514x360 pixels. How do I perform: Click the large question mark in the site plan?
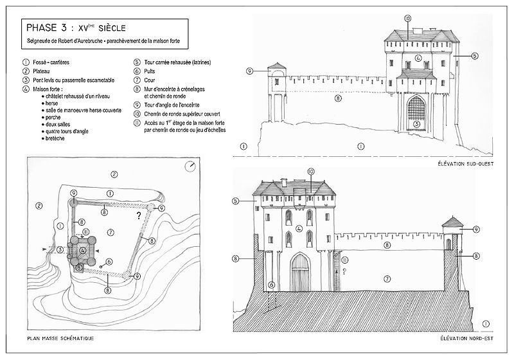[x=138, y=217]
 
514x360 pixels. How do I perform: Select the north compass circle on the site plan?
[x=190, y=166]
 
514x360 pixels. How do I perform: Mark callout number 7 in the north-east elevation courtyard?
[x=387, y=278]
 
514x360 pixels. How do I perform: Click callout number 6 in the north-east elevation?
[x=272, y=285]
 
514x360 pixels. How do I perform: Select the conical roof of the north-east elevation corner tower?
[x=453, y=222]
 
